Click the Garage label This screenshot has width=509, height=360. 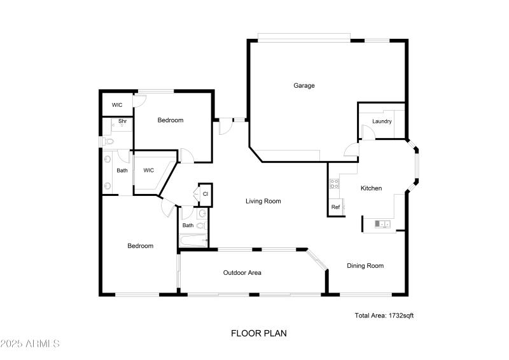pyautogui.click(x=303, y=85)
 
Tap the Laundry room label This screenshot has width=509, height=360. pyautogui.click(x=382, y=121)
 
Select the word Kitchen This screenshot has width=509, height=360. pyautogui.click(x=371, y=188)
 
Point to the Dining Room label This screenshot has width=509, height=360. pyautogui.click(x=365, y=266)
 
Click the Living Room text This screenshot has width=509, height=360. pyautogui.click(x=263, y=201)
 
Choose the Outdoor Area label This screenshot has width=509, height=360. pyautogui.click(x=242, y=273)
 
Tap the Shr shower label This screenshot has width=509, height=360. pyautogui.click(x=122, y=121)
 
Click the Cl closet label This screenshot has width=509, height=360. pyautogui.click(x=206, y=193)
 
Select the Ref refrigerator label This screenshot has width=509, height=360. pyautogui.click(x=335, y=207)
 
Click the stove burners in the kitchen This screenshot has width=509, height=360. pyautogui.click(x=333, y=184)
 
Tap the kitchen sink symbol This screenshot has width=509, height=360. pyautogui.click(x=382, y=223)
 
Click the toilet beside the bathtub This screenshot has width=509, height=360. pyautogui.click(x=201, y=225)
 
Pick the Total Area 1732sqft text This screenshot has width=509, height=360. pyautogui.click(x=384, y=315)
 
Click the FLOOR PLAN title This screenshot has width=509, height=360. pyautogui.click(x=254, y=333)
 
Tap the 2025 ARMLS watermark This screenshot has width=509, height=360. pyautogui.click(x=30, y=344)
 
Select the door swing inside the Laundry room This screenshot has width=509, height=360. pyautogui.click(x=367, y=132)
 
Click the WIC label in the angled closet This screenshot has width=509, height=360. pyautogui.click(x=148, y=170)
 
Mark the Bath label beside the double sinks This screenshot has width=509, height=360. pyautogui.click(x=122, y=170)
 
